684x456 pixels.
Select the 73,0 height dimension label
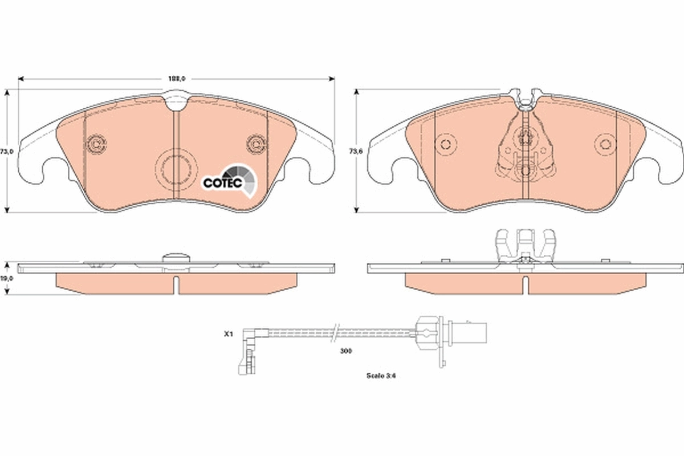[6, 152]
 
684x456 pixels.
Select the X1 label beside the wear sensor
[228, 335]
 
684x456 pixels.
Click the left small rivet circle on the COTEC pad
[95, 144]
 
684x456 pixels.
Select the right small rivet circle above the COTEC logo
[255, 144]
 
